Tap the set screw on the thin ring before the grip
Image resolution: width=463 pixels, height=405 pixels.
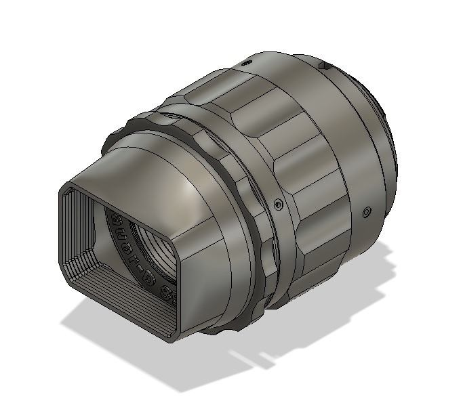tap(277, 203)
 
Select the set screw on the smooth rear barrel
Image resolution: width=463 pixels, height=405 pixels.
tap(367, 212)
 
